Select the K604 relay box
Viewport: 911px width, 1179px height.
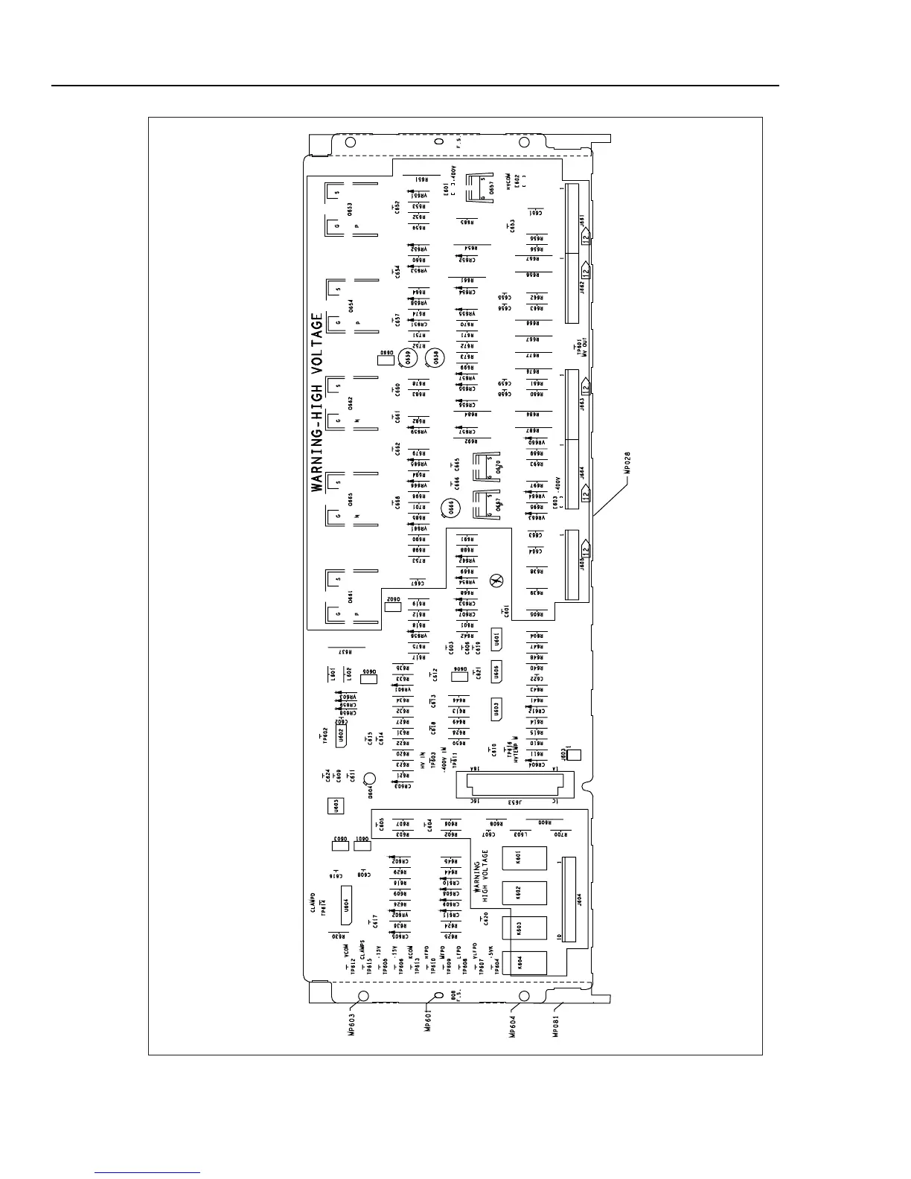point(524,963)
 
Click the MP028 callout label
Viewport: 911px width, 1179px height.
point(627,464)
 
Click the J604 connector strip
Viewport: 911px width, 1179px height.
point(569,898)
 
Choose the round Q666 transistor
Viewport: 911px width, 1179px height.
point(450,508)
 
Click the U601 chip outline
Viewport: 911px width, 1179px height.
point(496,639)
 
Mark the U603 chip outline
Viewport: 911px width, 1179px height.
point(496,709)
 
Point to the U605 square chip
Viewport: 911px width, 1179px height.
point(336,805)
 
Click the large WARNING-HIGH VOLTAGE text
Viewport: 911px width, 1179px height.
point(319,402)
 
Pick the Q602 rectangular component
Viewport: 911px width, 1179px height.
point(393,602)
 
